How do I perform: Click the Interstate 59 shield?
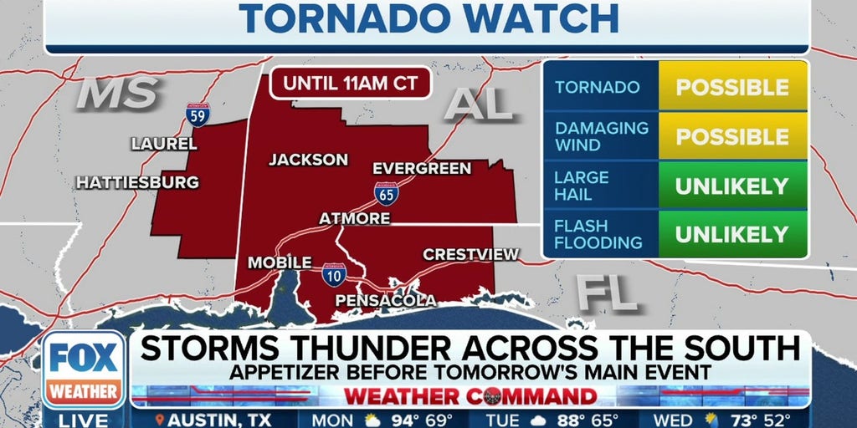point(198,114)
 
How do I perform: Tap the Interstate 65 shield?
point(386,194)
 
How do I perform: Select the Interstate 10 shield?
point(334,273)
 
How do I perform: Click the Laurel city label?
point(164,144)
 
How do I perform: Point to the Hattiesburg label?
point(137,181)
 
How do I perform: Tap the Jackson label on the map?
point(308,159)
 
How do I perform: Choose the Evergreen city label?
point(422,168)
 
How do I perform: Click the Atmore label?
point(354,218)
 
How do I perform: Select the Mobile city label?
point(280,262)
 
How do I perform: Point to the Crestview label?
point(471,254)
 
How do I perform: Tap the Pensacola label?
point(385,300)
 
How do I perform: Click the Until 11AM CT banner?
point(350,83)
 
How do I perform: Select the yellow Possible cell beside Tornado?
point(732,87)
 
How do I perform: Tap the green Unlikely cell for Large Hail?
point(732,186)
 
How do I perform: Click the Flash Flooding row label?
point(598,235)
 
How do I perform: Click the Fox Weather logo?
point(84,369)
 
